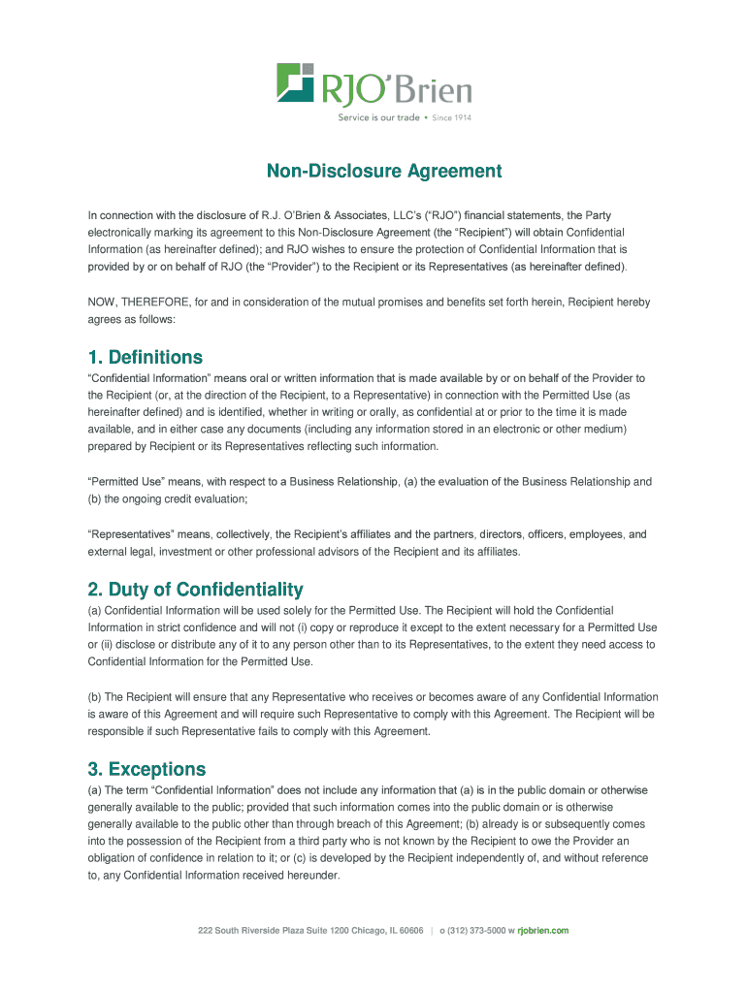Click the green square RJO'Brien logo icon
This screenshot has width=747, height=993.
pyautogui.click(x=295, y=82)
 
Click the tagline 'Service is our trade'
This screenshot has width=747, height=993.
pyautogui.click(x=378, y=117)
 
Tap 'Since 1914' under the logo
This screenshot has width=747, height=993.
pyautogui.click(x=451, y=117)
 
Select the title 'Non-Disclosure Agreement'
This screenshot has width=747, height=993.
pyautogui.click(x=385, y=172)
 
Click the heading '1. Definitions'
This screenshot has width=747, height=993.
pyautogui.click(x=146, y=357)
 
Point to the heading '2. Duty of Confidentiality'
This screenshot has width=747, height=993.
pyautogui.click(x=195, y=590)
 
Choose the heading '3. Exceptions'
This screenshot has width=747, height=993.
pyautogui.click(x=146, y=769)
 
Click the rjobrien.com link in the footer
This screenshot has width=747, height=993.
pyautogui.click(x=543, y=931)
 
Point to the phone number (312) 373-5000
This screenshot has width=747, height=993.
pyautogui.click(x=472, y=931)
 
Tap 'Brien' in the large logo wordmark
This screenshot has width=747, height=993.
pyautogui.click(x=435, y=92)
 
